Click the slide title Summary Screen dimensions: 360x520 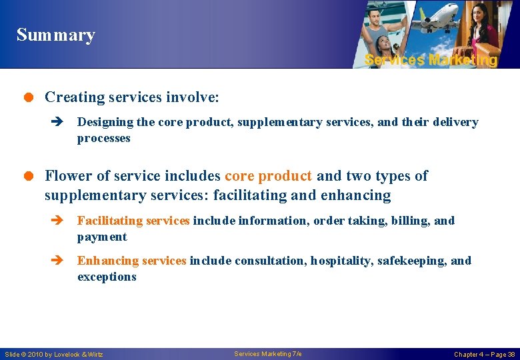pyautogui.click(x=56, y=35)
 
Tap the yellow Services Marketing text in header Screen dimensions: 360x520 pyautogui.click(x=431, y=60)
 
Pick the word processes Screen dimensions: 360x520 pyautogui.click(x=103, y=139)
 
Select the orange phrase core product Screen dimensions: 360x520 pyautogui.click(x=268, y=176)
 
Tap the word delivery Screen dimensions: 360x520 pyautogui.click(x=456, y=123)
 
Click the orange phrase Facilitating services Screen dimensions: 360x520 pyautogui.click(x=133, y=221)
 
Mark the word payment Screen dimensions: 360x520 pyautogui.click(x=101, y=237)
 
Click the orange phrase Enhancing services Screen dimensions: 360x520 pyautogui.click(x=131, y=261)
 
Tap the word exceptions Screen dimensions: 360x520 pyautogui.click(x=107, y=277)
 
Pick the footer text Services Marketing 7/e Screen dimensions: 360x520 pyautogui.click(x=267, y=353)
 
